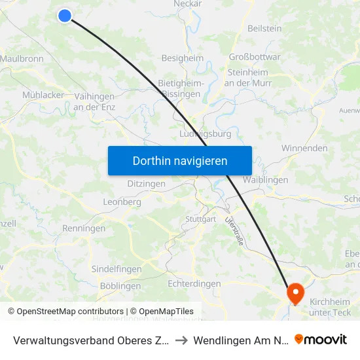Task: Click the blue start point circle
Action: (64, 15)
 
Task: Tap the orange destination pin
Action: (295, 293)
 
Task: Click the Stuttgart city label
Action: (200, 219)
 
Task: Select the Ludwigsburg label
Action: (205, 134)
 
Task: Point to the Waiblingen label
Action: (266, 179)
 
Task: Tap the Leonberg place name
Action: (122, 202)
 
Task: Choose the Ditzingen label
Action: (146, 184)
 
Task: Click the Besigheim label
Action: (182, 58)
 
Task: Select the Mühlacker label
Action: (43, 95)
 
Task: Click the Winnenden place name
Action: (304, 148)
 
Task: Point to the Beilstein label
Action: (264, 29)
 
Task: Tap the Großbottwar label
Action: (255, 57)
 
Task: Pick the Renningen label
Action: (84, 228)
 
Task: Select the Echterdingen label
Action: (194, 283)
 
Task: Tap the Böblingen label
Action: (121, 286)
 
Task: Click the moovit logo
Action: (321, 339)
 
